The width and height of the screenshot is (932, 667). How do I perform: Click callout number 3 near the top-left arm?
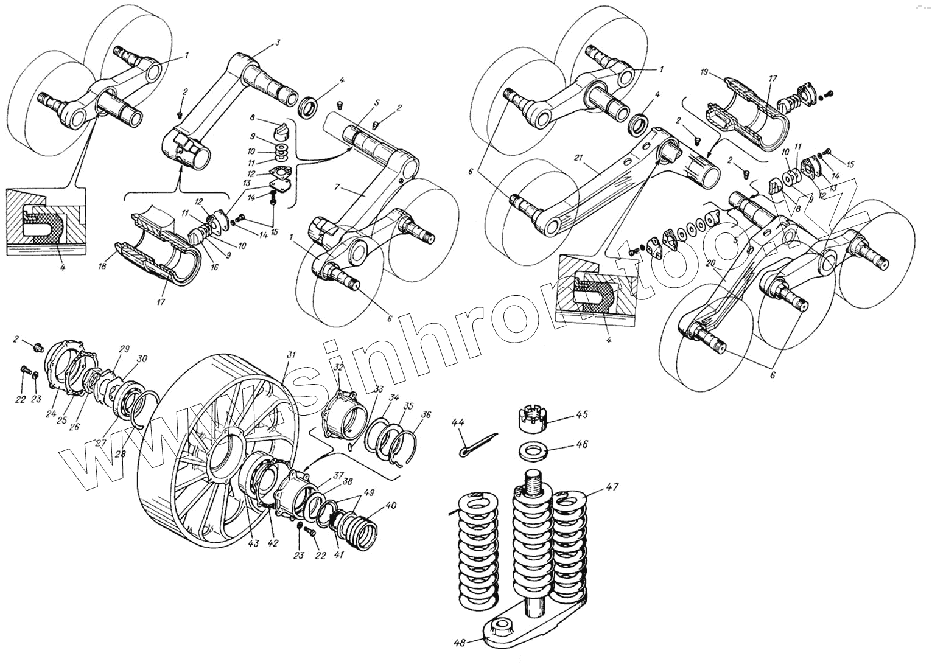coord(277,43)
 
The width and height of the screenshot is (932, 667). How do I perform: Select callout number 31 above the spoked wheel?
coord(291,355)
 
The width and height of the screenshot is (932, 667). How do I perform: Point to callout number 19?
coord(704,72)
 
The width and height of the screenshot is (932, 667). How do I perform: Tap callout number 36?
coord(426,415)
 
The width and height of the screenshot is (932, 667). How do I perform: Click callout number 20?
coord(726,264)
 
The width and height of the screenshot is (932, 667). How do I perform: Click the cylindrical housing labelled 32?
coord(344,414)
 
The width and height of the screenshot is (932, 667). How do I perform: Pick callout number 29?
coord(125,350)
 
